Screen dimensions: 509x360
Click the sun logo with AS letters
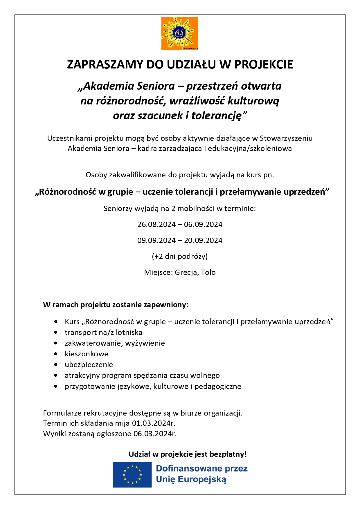[180, 33]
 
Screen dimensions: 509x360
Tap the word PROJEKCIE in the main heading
[264, 64]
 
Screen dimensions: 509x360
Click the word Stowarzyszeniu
[286, 138]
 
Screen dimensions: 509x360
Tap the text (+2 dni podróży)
[180, 257]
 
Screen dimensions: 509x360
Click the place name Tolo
[208, 272]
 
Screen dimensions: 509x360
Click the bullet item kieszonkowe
[87, 354]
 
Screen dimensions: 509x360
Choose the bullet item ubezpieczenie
[89, 365]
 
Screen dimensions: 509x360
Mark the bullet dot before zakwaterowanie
[56, 343]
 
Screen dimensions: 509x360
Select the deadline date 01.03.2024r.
[154, 423]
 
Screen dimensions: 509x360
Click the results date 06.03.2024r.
[155, 434]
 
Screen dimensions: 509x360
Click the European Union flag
[132, 475]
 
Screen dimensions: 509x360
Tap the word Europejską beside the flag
[202, 480]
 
